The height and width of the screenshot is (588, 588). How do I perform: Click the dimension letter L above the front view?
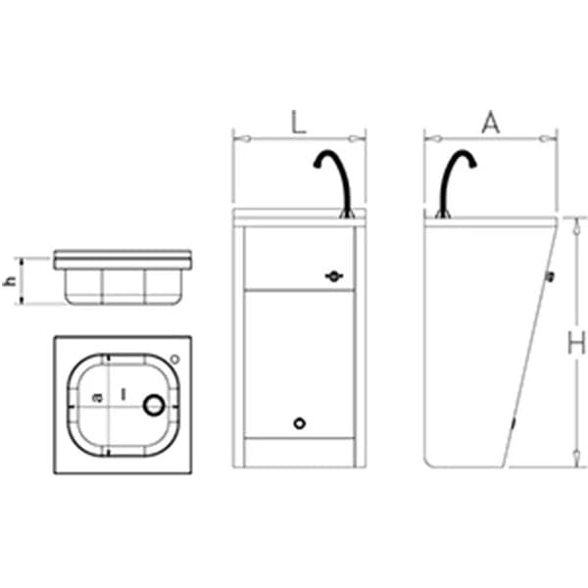[299, 122]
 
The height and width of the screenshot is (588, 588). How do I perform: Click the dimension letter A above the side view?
[491, 122]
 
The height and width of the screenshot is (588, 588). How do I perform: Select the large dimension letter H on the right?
[576, 342]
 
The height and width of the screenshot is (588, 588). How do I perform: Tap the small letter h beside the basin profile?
[10, 280]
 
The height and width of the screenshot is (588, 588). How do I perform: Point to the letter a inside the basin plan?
[97, 398]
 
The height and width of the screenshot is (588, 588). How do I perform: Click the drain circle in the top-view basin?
[154, 405]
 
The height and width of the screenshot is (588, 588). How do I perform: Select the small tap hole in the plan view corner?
[174, 360]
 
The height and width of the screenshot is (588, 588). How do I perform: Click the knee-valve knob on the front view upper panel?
[333, 276]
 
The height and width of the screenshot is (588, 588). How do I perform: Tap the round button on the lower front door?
[299, 423]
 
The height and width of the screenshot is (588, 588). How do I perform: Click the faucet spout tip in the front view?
[317, 166]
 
